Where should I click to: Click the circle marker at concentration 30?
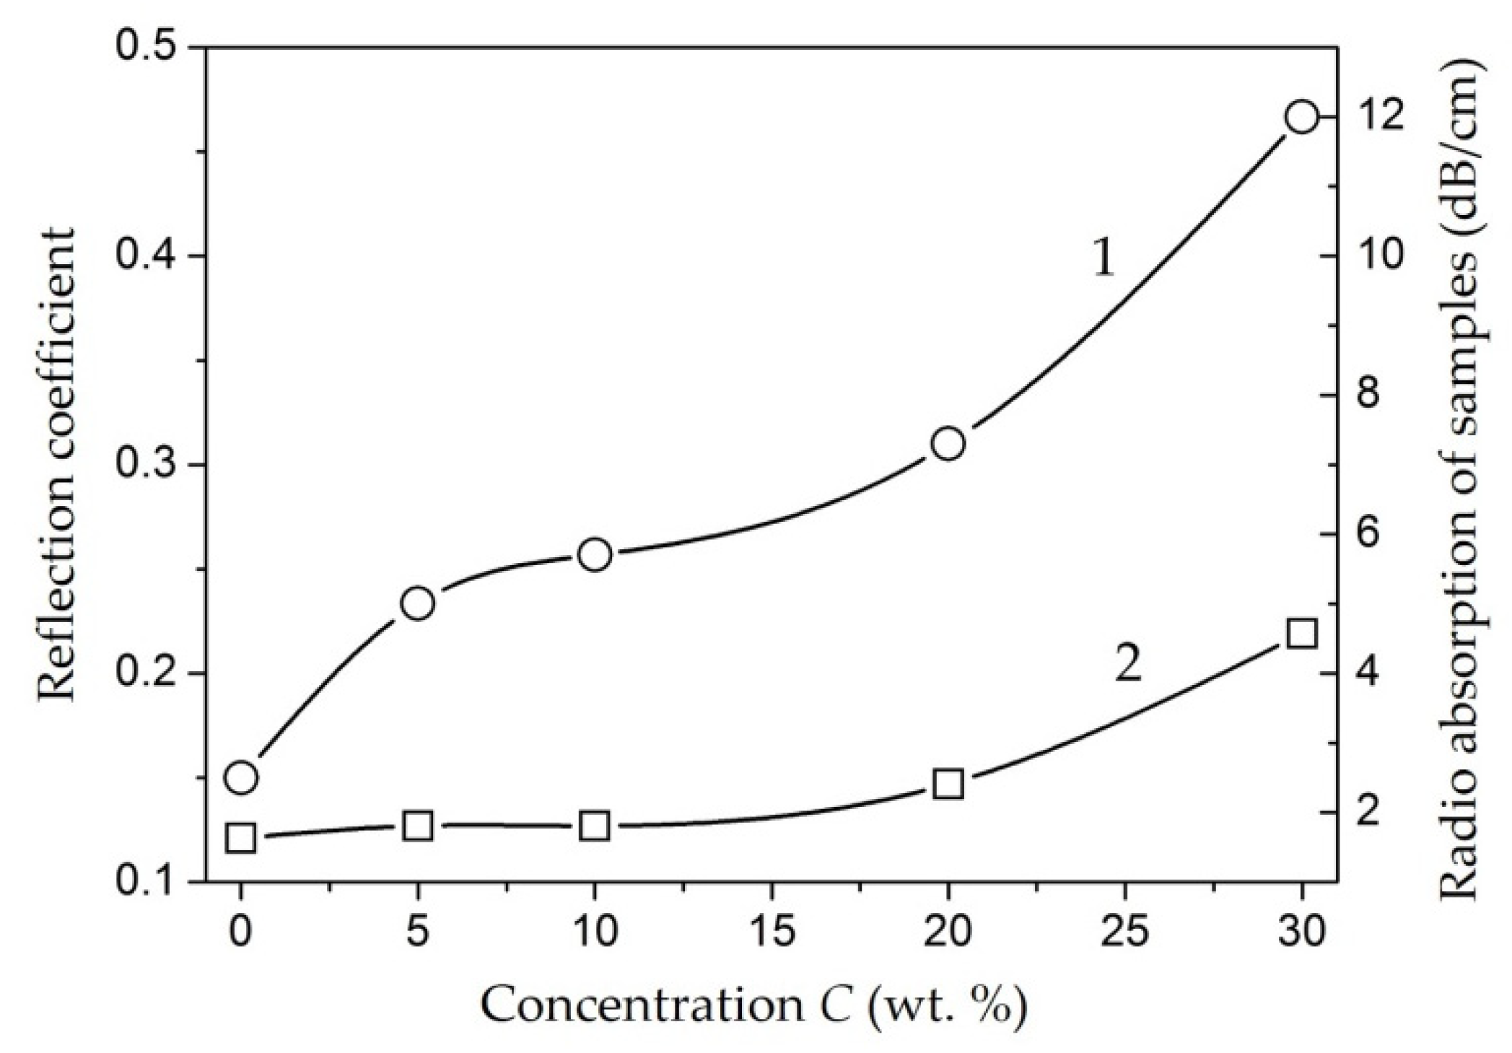[x=1301, y=117]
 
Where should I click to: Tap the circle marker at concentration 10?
[x=595, y=554]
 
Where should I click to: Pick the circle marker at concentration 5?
[x=417, y=603]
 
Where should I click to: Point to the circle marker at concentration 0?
[x=241, y=777]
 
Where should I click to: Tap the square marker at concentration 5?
[x=417, y=826]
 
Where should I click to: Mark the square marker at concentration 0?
[x=241, y=839]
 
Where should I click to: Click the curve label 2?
[x=1128, y=665]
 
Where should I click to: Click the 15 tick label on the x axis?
[x=772, y=932]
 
